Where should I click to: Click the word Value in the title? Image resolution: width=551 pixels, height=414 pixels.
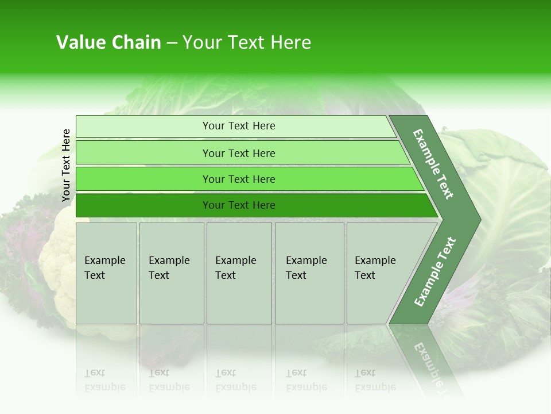(x=80, y=43)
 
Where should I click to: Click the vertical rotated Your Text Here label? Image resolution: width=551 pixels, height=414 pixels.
(x=66, y=165)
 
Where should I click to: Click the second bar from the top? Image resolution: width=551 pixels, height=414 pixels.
(x=238, y=153)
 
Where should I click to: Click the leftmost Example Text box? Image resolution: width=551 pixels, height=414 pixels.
(x=106, y=273)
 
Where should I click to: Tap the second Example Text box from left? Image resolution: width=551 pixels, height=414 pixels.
(x=172, y=273)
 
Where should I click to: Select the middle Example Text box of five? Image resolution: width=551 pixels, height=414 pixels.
(x=239, y=273)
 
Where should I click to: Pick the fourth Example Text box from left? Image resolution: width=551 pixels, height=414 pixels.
(x=309, y=273)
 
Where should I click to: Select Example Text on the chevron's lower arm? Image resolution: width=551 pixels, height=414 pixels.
(x=434, y=271)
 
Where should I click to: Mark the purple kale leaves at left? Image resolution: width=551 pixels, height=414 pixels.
(x=23, y=241)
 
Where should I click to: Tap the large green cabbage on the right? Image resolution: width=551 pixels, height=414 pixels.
(x=511, y=190)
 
